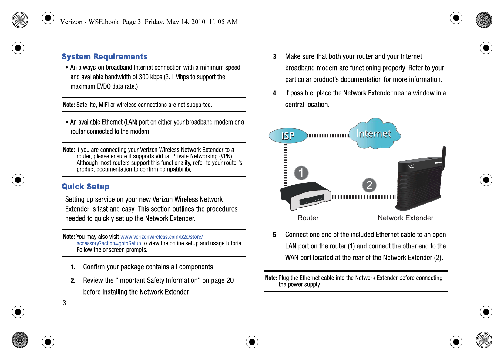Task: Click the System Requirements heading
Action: (x=105, y=57)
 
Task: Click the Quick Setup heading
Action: (x=86, y=186)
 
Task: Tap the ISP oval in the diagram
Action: (x=288, y=135)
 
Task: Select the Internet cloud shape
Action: (x=374, y=134)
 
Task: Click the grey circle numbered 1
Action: (x=301, y=173)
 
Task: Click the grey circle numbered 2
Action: (x=369, y=185)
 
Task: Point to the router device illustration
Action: (x=305, y=196)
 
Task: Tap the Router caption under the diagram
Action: (x=308, y=218)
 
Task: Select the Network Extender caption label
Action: (x=405, y=218)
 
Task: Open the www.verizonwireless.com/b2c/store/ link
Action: (x=162, y=237)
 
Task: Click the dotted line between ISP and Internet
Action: (x=328, y=135)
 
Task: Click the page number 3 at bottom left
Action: (x=64, y=303)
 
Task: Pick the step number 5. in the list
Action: (x=275, y=235)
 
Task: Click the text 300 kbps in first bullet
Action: (x=150, y=77)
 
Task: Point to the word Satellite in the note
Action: (x=86, y=105)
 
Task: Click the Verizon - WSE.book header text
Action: (x=89, y=22)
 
